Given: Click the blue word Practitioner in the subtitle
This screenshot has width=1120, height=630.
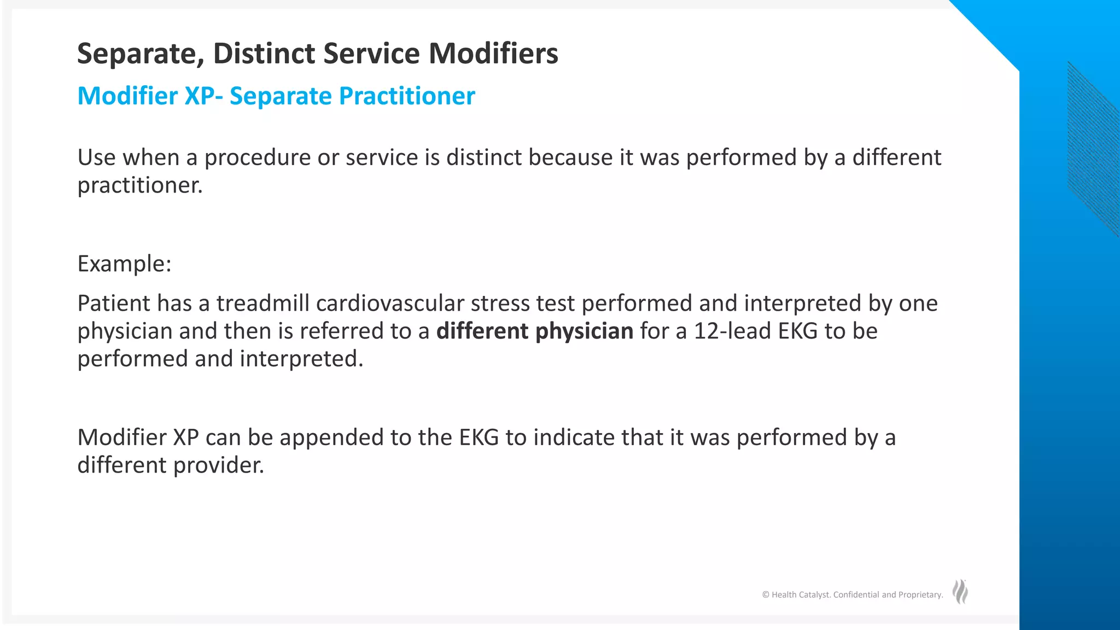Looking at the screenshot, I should coord(407,96).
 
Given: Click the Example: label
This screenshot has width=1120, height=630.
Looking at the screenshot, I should coord(125,264).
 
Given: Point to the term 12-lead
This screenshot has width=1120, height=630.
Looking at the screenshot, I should coord(732,331).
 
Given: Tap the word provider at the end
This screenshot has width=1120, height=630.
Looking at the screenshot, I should coord(219,465).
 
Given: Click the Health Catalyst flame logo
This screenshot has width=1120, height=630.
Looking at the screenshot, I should coord(960,592).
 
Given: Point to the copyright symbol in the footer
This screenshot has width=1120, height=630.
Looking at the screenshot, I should coord(766,595).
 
